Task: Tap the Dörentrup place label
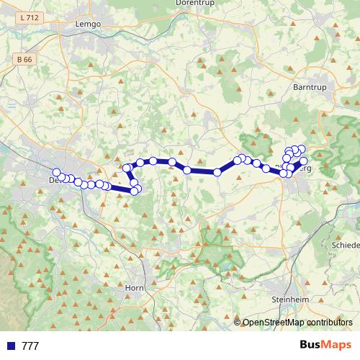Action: pos(192,3)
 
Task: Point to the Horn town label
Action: pos(135,287)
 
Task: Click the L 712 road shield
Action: pos(30,17)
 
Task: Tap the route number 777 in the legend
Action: pos(30,346)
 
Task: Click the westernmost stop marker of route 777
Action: pos(56,172)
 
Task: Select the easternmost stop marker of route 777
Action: pos(304,161)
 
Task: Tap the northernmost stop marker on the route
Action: pos(301,149)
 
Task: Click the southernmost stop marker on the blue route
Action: pos(134,191)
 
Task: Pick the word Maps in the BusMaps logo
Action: pos(335,345)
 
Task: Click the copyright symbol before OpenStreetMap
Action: pos(238,323)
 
